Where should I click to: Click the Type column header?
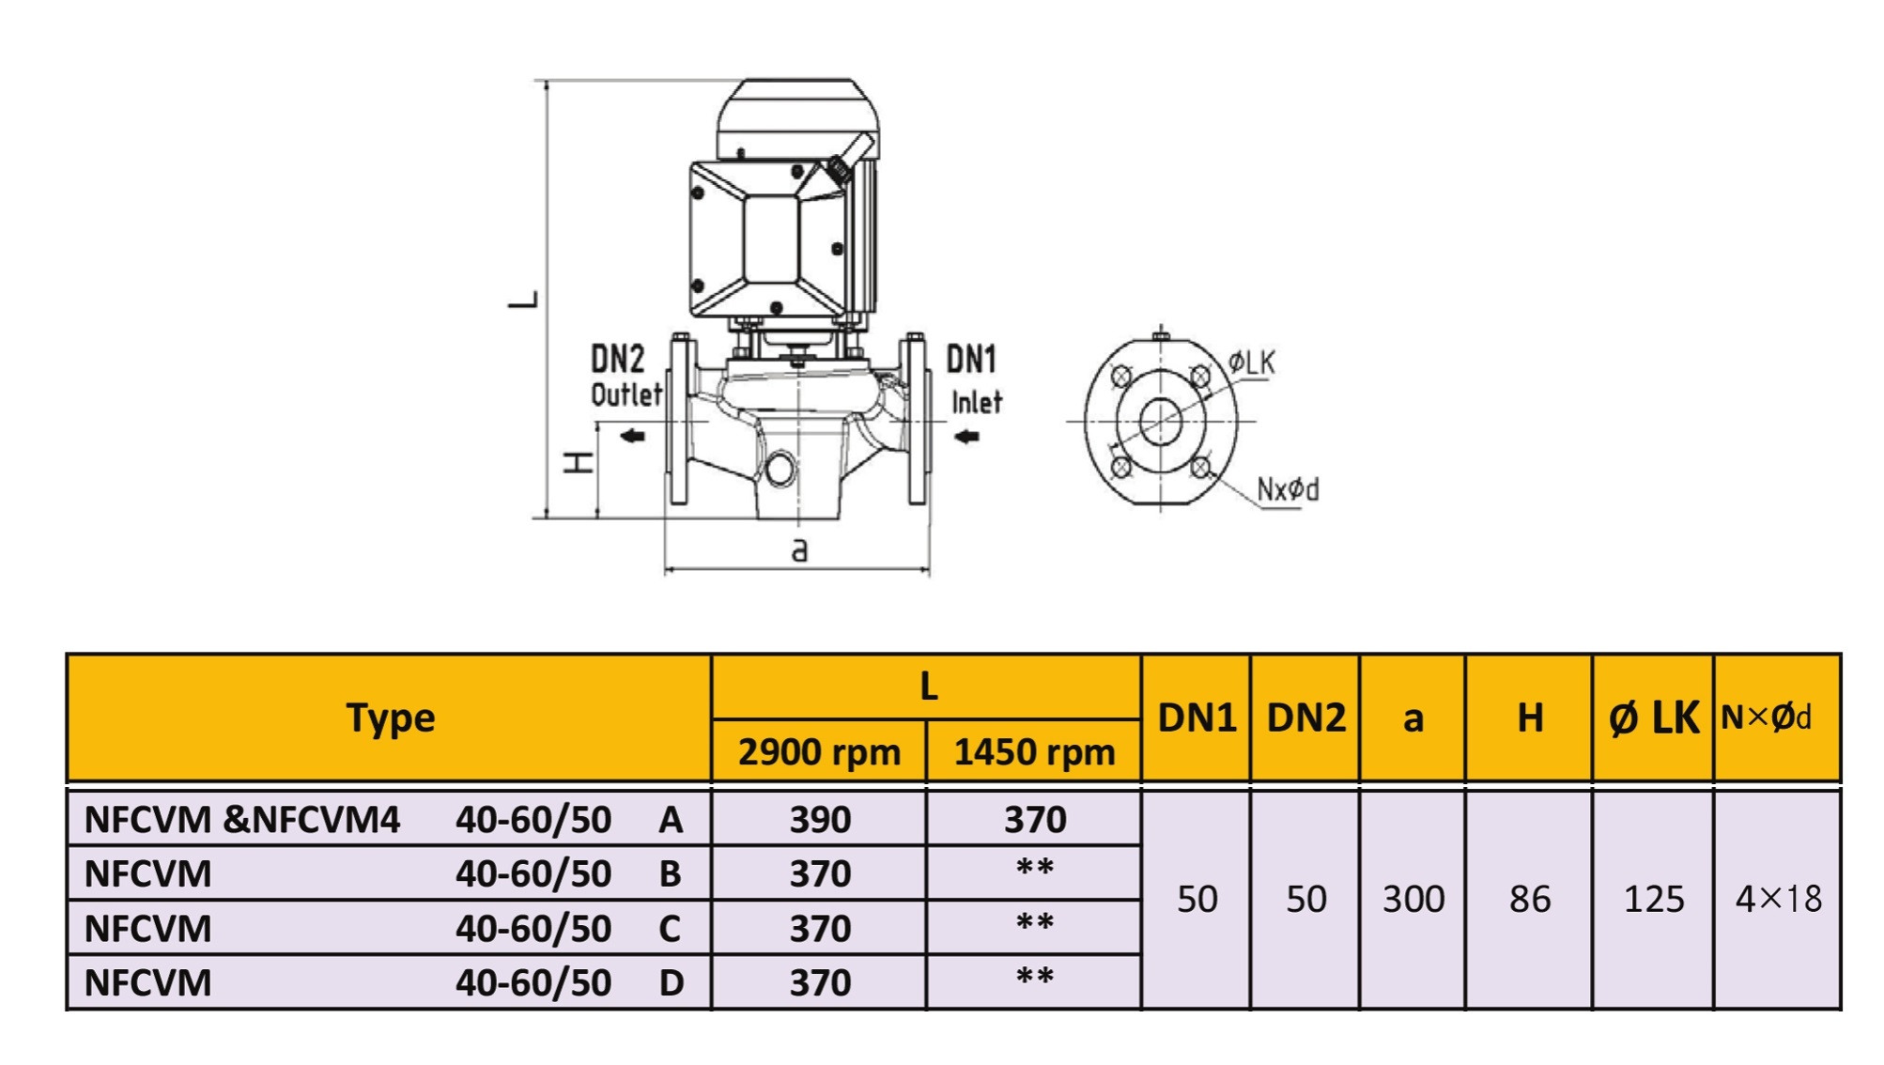point(391,718)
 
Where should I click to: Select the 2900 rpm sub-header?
point(819,752)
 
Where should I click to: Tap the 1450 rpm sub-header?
point(1034,752)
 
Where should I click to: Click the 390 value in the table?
point(820,820)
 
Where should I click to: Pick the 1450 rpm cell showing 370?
point(1035,820)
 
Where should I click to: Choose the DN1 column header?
point(1197,718)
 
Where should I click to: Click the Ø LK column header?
point(1653,718)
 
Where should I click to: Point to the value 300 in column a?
point(1413,899)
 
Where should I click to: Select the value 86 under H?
point(1529,899)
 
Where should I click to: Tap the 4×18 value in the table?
point(1778,899)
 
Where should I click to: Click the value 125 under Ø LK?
point(1653,899)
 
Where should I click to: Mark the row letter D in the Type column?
point(671,982)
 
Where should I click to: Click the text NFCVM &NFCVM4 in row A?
point(241,820)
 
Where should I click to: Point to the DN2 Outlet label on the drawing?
point(625,376)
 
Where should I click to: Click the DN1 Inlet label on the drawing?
point(974,379)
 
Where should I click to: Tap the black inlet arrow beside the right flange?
point(966,436)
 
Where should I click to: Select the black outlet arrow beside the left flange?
point(632,436)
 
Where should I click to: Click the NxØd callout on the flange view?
point(1288,489)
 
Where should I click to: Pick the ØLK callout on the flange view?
point(1252,363)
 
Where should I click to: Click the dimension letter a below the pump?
point(799,549)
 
